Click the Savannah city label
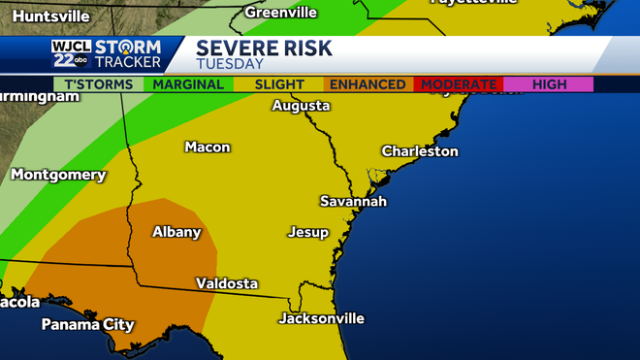(x=353, y=201)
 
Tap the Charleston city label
(x=419, y=151)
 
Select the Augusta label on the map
(x=301, y=106)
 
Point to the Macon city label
(x=208, y=147)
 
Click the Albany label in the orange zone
(x=176, y=232)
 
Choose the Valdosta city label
(x=227, y=283)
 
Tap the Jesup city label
(x=307, y=233)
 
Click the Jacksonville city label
(x=321, y=318)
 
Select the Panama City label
(x=87, y=325)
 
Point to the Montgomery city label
(x=58, y=175)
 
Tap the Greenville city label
(x=280, y=13)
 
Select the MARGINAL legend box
(x=189, y=84)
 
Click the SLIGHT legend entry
(x=278, y=84)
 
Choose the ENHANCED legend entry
(x=368, y=84)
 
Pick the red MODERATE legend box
(x=457, y=84)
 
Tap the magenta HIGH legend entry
(x=548, y=84)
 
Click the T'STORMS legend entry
(x=98, y=84)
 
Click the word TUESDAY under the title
(x=230, y=64)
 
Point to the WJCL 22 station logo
(x=71, y=54)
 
